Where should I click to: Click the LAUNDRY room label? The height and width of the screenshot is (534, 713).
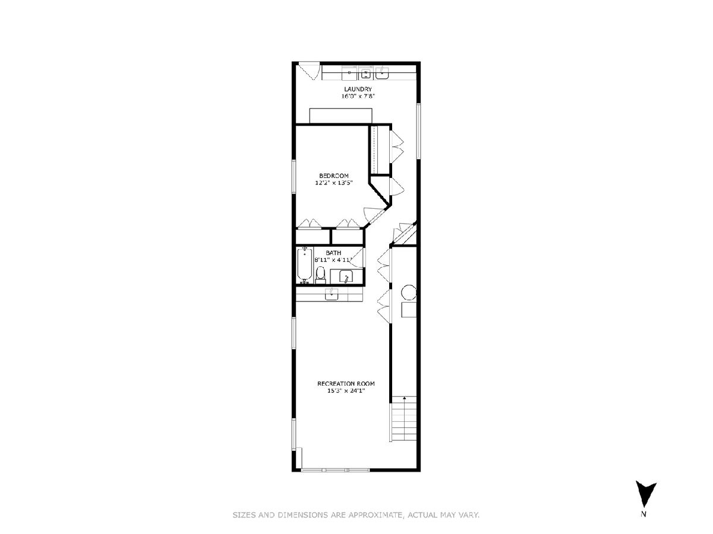pyautogui.click(x=358, y=89)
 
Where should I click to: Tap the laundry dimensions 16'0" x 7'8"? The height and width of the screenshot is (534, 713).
pyautogui.click(x=358, y=96)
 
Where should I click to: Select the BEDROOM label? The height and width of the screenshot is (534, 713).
pyautogui.click(x=334, y=176)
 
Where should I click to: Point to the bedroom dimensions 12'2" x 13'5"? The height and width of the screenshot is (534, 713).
pyautogui.click(x=334, y=183)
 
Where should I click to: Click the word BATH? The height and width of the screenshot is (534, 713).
pyautogui.click(x=333, y=253)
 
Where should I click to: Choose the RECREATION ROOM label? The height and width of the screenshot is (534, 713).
pyautogui.click(x=346, y=383)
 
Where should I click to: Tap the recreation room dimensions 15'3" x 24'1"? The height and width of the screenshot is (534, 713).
pyautogui.click(x=346, y=390)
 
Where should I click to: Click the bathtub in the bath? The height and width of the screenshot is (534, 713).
pyautogui.click(x=305, y=265)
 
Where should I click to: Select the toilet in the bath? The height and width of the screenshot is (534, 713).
pyautogui.click(x=320, y=274)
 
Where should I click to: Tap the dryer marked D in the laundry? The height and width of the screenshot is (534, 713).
pyautogui.click(x=349, y=72)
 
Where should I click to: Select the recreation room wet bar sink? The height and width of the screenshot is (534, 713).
pyautogui.click(x=332, y=294)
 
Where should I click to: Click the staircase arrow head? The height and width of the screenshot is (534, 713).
pyautogui.click(x=405, y=398)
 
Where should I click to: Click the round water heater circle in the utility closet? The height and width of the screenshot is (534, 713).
pyautogui.click(x=409, y=293)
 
